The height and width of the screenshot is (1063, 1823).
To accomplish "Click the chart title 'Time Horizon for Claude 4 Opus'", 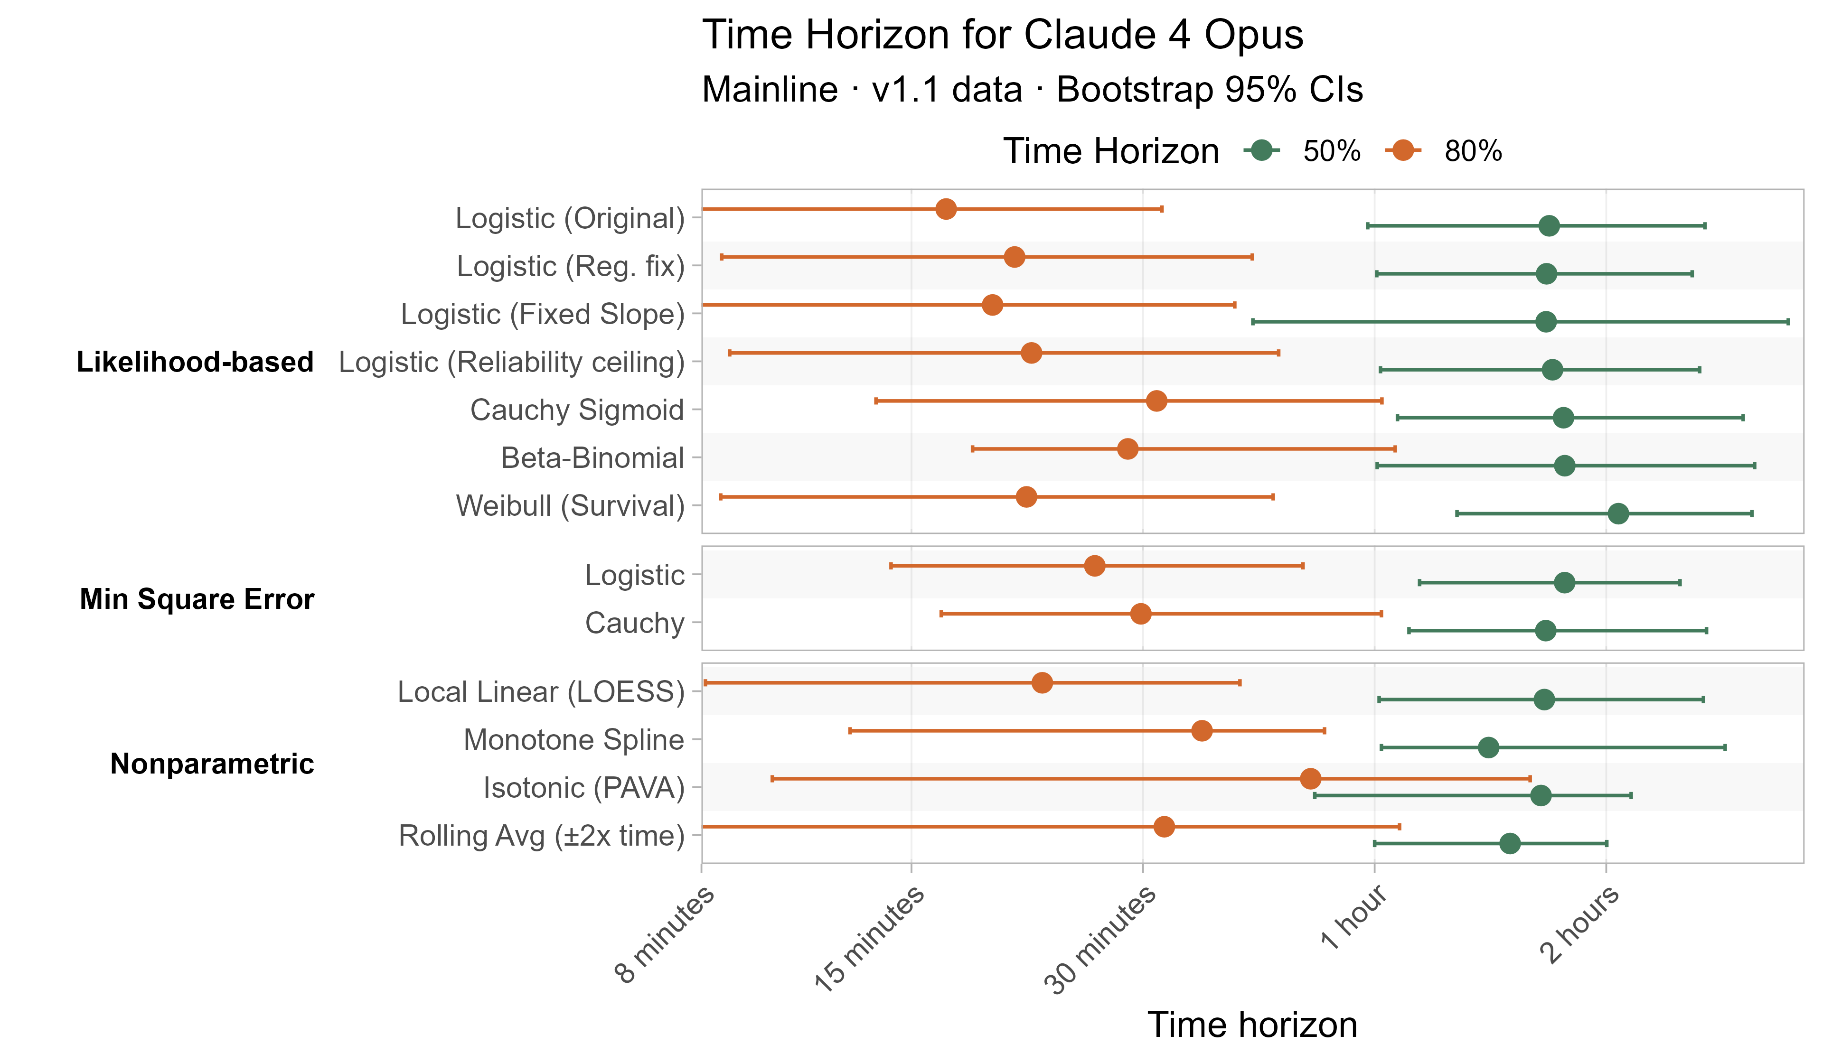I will (1002, 35).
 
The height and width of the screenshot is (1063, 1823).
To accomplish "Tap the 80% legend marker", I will (1403, 150).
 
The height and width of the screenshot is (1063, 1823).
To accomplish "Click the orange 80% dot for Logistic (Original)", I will (946, 209).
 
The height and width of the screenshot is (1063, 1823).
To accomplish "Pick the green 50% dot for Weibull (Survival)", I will (1618, 513).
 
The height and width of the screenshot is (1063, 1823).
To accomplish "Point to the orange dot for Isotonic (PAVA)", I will (1310, 779).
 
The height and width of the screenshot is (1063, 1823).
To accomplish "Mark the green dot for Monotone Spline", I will (1488, 747).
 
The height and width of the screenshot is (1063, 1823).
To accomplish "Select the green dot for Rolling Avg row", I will (1510, 843).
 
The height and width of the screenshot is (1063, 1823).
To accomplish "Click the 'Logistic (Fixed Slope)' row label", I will (543, 314).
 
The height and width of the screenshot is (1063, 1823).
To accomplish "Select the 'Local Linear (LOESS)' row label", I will (541, 692).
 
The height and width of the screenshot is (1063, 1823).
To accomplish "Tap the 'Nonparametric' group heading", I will (212, 764).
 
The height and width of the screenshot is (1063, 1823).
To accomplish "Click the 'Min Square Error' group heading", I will (197, 599).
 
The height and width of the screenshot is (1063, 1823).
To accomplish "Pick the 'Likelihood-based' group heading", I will (195, 362).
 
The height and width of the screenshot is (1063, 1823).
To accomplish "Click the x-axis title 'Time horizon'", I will (1252, 1025).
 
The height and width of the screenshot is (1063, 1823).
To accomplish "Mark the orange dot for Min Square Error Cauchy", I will (1141, 614).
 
